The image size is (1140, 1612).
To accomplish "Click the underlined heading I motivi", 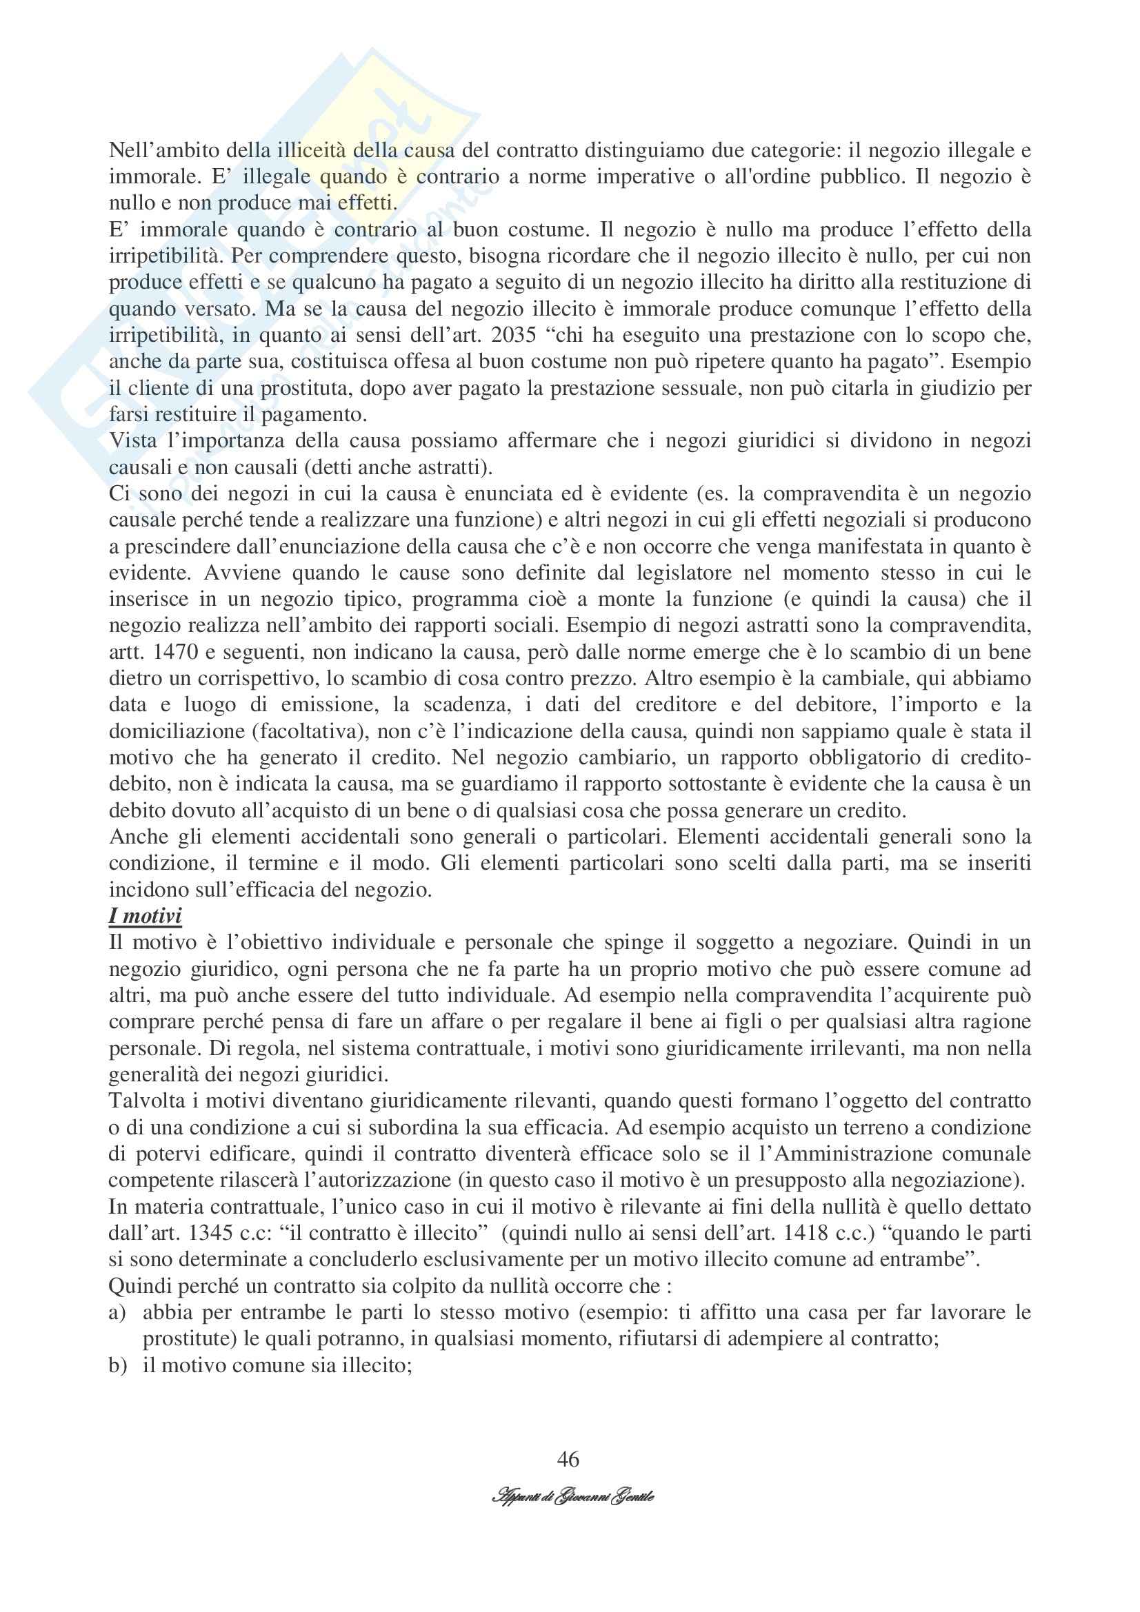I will [146, 916].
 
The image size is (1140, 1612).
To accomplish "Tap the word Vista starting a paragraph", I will [135, 441].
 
